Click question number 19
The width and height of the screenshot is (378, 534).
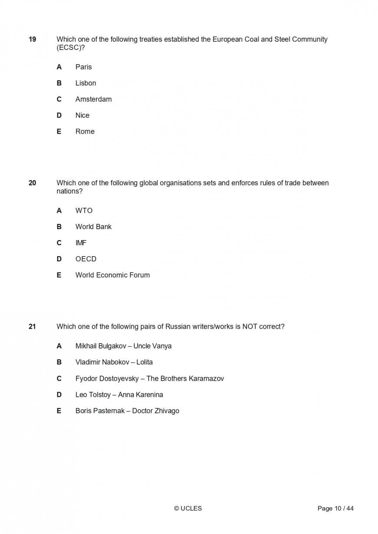pyautogui.click(x=32, y=40)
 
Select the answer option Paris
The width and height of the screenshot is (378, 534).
pyautogui.click(x=83, y=67)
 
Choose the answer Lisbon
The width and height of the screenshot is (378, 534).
pyautogui.click(x=86, y=83)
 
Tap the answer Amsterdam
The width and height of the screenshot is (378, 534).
pyautogui.click(x=93, y=99)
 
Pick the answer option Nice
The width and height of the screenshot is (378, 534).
pyautogui.click(x=82, y=115)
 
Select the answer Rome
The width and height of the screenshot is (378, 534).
pyautogui.click(x=85, y=132)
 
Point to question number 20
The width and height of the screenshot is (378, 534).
pyautogui.click(x=32, y=183)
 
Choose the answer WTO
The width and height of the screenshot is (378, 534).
pyautogui.click(x=84, y=211)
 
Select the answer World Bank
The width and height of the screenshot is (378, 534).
pyautogui.click(x=93, y=227)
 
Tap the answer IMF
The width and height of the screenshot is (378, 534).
pyautogui.click(x=81, y=243)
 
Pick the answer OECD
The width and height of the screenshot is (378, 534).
pyautogui.click(x=86, y=259)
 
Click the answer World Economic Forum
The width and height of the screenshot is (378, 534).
pyautogui.click(x=113, y=275)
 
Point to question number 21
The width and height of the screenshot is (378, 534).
pyautogui.click(x=32, y=326)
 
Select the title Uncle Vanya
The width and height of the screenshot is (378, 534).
pyautogui.click(x=153, y=346)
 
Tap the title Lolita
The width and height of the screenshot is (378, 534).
pyautogui.click(x=145, y=362)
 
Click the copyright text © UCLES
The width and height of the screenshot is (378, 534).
pyautogui.click(x=188, y=508)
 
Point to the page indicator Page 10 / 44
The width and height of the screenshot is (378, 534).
pyautogui.click(x=335, y=508)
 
